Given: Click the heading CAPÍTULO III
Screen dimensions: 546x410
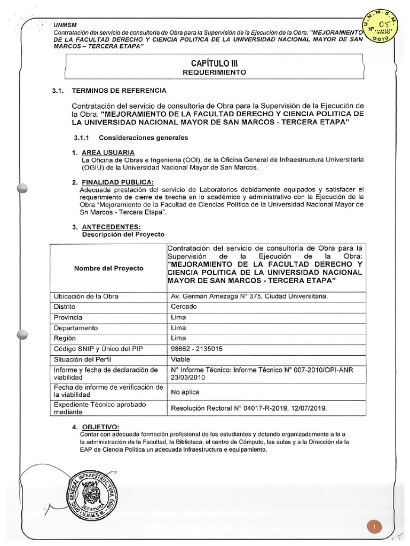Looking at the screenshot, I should point(215,63).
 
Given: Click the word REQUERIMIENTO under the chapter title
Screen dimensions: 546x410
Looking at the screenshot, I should point(215,72).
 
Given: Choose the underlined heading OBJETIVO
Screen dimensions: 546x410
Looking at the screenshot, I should point(99,427).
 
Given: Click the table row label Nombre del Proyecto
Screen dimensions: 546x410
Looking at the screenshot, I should point(108,268).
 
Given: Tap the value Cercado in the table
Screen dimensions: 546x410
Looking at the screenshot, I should point(184,307).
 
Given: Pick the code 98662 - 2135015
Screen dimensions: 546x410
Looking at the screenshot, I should point(196,349).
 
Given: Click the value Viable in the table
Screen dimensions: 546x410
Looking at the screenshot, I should point(180,359).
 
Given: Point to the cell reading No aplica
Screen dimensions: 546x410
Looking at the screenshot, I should point(185,392).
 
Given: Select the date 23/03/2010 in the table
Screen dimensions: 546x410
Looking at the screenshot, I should point(187,377).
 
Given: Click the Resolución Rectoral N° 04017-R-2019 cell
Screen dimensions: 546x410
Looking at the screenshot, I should point(248,408).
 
